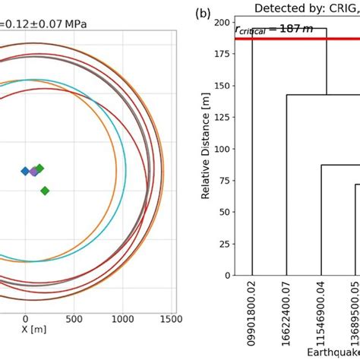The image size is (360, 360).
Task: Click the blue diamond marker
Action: pos(25,171)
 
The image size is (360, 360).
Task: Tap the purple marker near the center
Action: pos(33,172)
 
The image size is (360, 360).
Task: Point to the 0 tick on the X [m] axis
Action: pos(25,320)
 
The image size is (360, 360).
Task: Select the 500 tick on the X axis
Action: pos(74,320)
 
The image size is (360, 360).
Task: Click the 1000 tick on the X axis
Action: pos(123,320)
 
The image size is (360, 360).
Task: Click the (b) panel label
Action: pos(203,13)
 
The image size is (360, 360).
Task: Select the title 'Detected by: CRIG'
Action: pos(307,8)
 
